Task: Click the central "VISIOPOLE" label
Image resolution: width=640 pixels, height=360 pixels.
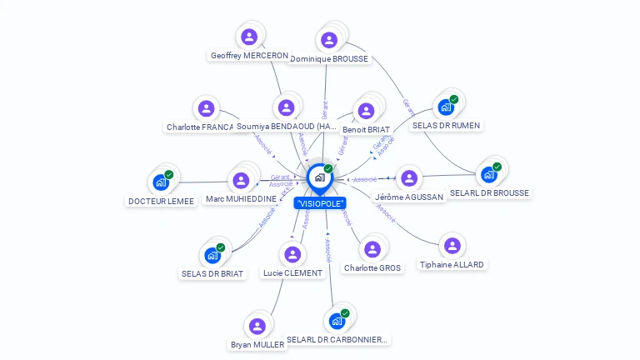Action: click(x=320, y=203)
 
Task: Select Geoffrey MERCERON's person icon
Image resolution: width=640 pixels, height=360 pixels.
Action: click(x=248, y=37)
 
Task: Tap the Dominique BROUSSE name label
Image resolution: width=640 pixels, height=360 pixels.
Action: click(x=329, y=59)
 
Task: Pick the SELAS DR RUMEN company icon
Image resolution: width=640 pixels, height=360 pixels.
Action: click(x=446, y=107)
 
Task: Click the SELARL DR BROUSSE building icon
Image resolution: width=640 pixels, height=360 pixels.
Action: click(x=488, y=175)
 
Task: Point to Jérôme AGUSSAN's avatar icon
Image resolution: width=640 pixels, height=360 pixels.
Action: click(x=408, y=178)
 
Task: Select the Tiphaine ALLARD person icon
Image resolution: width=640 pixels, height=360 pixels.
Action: click(x=452, y=246)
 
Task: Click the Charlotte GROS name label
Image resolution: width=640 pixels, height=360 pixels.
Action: click(x=372, y=268)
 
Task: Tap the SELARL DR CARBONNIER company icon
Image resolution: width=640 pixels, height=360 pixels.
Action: click(x=337, y=321)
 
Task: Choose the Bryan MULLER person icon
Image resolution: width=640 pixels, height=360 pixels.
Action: click(x=257, y=326)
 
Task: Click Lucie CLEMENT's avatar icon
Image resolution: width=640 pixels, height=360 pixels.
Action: click(x=292, y=254)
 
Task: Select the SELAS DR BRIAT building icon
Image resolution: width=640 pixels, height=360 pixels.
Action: click(x=212, y=255)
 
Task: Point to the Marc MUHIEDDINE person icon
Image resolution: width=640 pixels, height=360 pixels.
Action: click(x=241, y=181)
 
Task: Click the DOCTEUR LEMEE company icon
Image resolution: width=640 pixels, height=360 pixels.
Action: click(x=160, y=182)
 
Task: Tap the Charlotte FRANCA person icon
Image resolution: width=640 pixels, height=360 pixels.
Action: click(x=206, y=109)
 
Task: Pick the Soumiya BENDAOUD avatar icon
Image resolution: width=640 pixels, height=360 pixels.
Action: click(x=287, y=107)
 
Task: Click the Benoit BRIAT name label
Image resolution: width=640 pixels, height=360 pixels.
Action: click(x=366, y=130)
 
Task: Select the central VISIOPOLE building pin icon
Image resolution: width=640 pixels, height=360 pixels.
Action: click(x=319, y=177)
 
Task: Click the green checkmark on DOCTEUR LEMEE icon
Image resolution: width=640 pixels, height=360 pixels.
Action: click(x=169, y=174)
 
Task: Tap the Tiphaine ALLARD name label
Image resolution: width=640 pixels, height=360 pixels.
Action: click(x=452, y=264)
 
